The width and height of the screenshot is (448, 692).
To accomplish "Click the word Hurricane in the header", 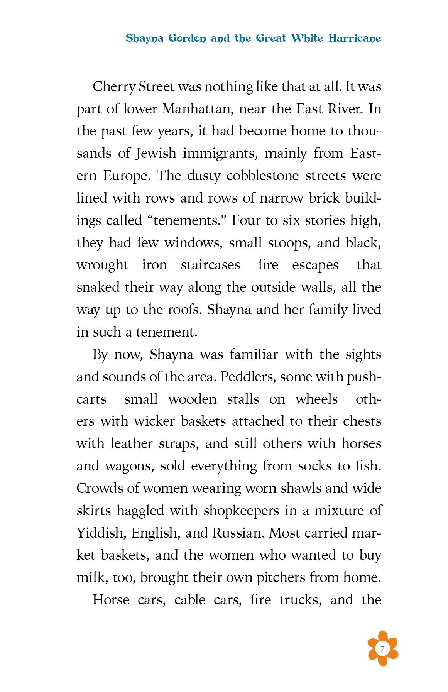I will (355, 38).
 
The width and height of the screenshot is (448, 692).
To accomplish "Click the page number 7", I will (382, 648).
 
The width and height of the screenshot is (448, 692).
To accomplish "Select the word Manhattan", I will (197, 109).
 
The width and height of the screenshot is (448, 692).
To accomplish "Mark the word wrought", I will (102, 265).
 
